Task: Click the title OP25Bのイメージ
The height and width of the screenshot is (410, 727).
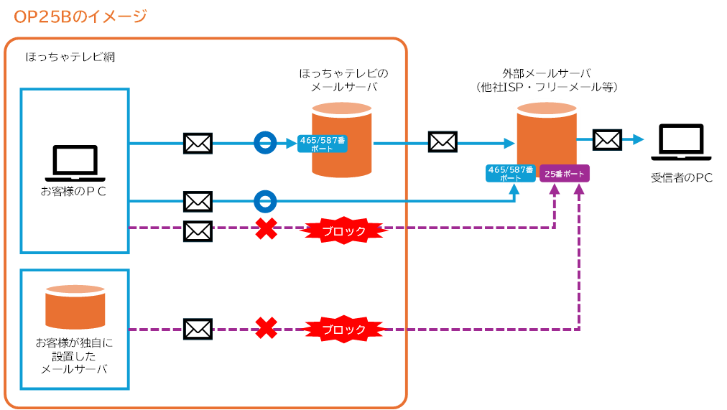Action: point(80,16)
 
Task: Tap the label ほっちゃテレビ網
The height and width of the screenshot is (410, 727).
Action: point(70,57)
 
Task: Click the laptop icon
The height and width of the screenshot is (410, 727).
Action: point(75,164)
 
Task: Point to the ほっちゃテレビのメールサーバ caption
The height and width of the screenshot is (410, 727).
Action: point(343,80)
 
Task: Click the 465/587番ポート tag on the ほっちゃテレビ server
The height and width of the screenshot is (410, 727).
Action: point(322,144)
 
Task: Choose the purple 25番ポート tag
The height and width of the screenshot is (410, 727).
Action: point(565,174)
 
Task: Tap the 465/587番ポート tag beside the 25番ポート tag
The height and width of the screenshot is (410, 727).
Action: point(511,174)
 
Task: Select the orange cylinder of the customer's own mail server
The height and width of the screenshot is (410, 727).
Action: point(75,306)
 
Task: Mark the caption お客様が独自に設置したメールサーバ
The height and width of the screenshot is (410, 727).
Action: point(74,355)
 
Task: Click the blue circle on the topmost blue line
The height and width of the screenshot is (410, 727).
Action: point(265,144)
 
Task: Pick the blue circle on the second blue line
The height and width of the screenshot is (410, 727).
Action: point(265,201)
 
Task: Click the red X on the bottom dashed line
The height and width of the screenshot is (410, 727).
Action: point(267,329)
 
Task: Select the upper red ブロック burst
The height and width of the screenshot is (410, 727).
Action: point(343,230)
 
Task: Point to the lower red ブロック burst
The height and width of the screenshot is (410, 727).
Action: point(343,330)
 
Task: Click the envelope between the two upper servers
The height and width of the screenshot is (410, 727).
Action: point(443,141)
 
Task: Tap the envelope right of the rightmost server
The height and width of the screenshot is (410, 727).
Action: point(607,139)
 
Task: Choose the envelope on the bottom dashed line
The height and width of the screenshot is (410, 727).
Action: point(198,329)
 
